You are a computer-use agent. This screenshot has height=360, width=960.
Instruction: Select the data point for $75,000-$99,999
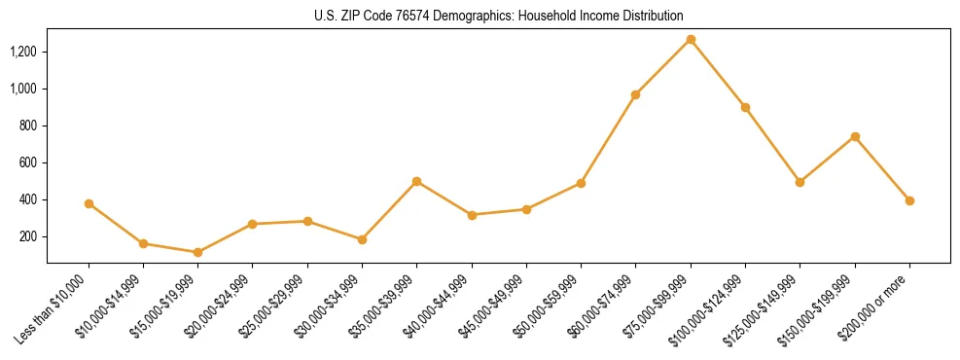point(691,39)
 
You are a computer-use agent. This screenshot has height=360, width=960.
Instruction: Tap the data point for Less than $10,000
point(89,203)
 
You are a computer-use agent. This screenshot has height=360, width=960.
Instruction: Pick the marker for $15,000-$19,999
point(197,252)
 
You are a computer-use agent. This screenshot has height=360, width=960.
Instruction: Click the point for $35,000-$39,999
point(416,181)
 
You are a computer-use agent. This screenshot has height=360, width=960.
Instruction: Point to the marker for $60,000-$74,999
point(635,94)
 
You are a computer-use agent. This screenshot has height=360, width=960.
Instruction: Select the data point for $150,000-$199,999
point(855,136)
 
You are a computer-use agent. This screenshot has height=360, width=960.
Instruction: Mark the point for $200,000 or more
point(909,200)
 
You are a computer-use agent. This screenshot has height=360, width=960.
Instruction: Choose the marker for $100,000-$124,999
point(745,107)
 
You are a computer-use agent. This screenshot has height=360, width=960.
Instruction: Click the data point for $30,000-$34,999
point(362,239)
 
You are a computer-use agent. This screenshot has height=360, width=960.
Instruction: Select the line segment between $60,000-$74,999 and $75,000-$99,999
point(662,67)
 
